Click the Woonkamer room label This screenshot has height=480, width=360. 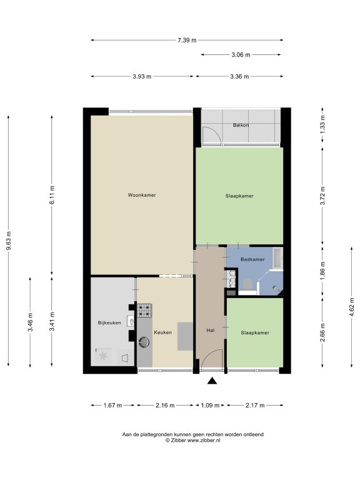tap(142, 195)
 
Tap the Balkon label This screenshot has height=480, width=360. tap(241, 125)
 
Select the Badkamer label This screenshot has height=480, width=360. tap(252, 259)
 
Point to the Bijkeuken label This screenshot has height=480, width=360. tap(109, 322)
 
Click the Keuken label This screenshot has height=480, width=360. tap(162, 332)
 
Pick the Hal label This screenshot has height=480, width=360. tap(210, 330)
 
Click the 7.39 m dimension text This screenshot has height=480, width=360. tap(187, 40)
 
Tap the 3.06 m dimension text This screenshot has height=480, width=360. tap(241, 55)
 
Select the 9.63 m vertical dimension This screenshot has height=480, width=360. tap(9, 241)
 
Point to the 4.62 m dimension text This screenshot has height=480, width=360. tap(352, 307)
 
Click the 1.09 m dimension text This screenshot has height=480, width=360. tap(210, 405)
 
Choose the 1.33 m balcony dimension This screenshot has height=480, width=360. tap(322, 125)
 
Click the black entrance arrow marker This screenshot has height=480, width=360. tap(212, 381)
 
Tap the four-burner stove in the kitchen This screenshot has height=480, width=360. tap(144, 310)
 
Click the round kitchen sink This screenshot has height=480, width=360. tap(144, 342)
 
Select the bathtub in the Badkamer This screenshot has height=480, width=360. tap(277, 257)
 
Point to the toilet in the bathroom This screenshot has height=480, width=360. tap(247, 284)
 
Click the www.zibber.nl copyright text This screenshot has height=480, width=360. tap(193, 441)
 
